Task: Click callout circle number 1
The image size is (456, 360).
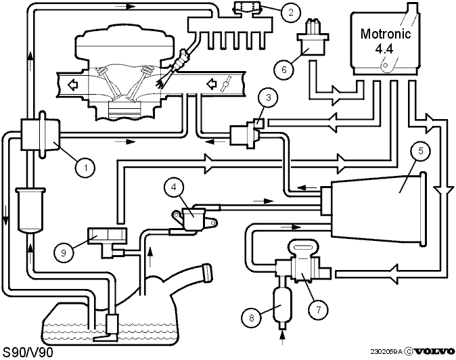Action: tap(85, 168)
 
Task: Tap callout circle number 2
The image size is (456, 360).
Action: tap(290, 12)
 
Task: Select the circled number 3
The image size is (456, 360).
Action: tap(268, 97)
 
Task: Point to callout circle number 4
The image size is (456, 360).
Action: tap(174, 187)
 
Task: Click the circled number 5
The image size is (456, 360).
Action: tap(420, 151)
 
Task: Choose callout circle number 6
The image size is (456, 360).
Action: tap(284, 70)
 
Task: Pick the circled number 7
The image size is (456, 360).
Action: tap(319, 310)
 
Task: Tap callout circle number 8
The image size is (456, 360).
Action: tap(251, 317)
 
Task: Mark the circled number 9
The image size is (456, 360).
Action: tap(64, 252)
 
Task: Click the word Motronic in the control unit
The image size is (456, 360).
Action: tap(386, 34)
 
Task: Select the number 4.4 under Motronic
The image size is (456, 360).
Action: tap(384, 49)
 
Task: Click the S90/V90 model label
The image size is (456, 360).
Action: tap(28, 353)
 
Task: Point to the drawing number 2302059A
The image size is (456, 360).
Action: tap(386, 352)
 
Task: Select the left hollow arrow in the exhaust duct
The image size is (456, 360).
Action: tap(73, 85)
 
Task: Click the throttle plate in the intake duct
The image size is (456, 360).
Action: tap(226, 84)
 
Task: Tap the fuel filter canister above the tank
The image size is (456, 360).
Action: tap(30, 210)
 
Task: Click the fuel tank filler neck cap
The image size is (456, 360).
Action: tap(208, 273)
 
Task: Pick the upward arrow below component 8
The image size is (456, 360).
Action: tap(282, 338)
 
